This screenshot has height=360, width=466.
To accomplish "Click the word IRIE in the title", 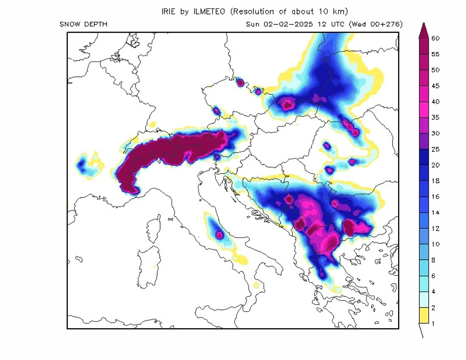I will [170, 11].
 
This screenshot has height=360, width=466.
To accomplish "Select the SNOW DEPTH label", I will [83, 24].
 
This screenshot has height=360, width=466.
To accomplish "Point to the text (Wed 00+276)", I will [376, 24].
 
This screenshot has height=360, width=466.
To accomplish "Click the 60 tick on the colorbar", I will [436, 38].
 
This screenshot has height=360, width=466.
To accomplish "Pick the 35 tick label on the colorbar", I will [436, 118].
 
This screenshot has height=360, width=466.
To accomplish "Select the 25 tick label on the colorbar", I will [436, 149].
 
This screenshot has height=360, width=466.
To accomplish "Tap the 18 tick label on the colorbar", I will [436, 181].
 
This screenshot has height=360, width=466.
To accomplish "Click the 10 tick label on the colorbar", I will [436, 244].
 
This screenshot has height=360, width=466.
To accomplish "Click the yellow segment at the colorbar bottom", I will [423, 315].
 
